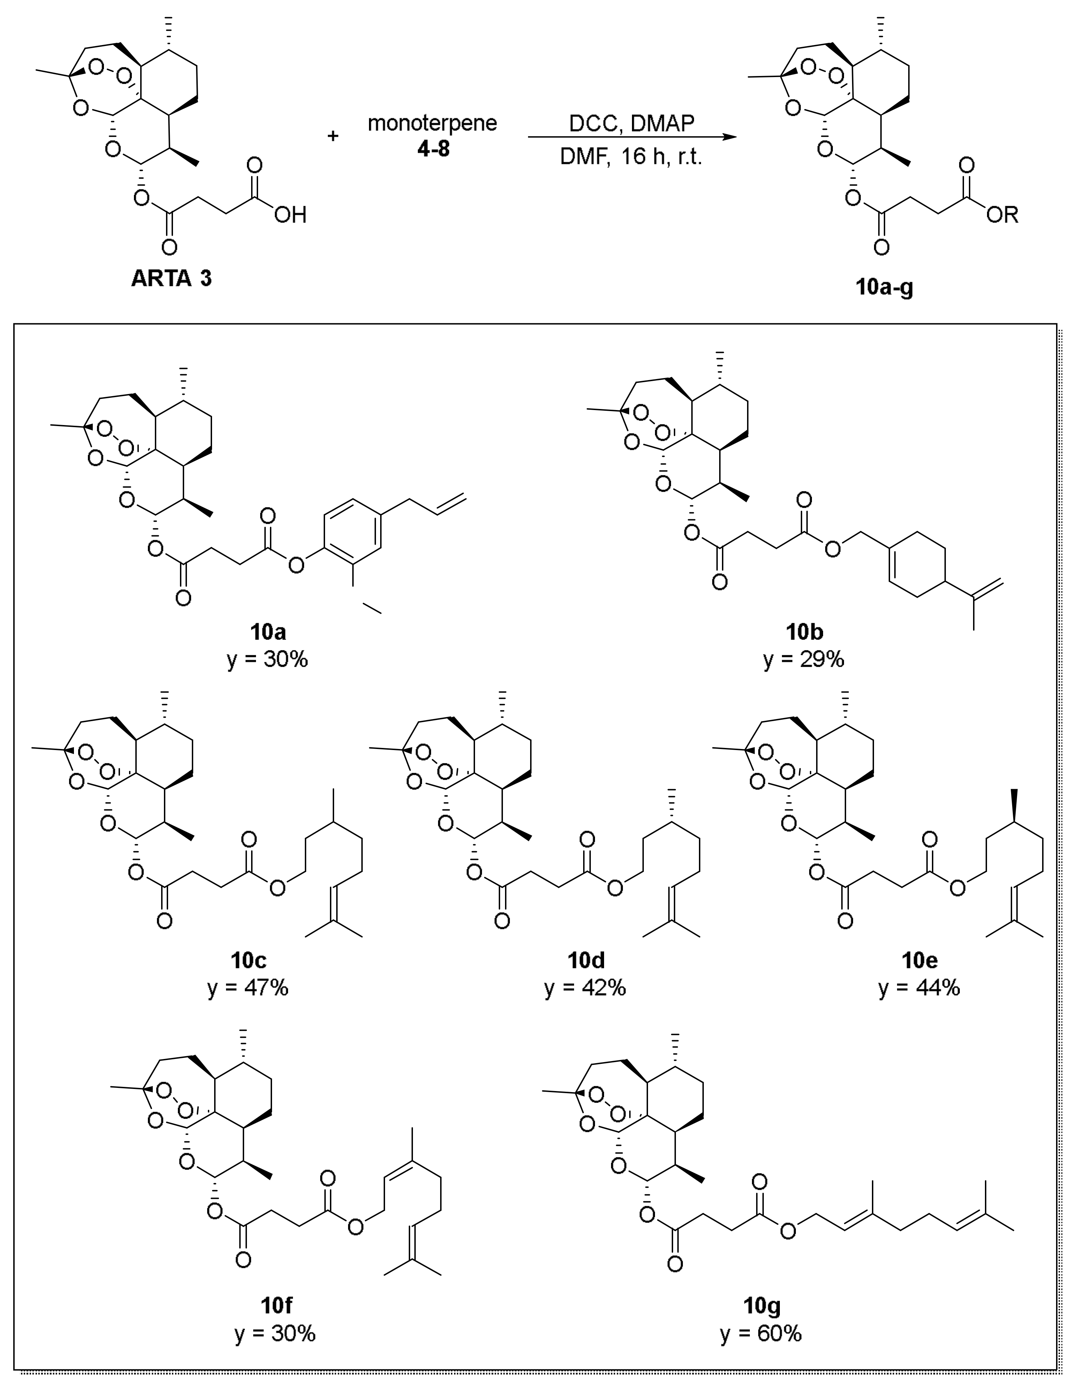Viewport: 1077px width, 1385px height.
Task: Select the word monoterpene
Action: (x=432, y=123)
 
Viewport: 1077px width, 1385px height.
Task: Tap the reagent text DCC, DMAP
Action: (x=631, y=123)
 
